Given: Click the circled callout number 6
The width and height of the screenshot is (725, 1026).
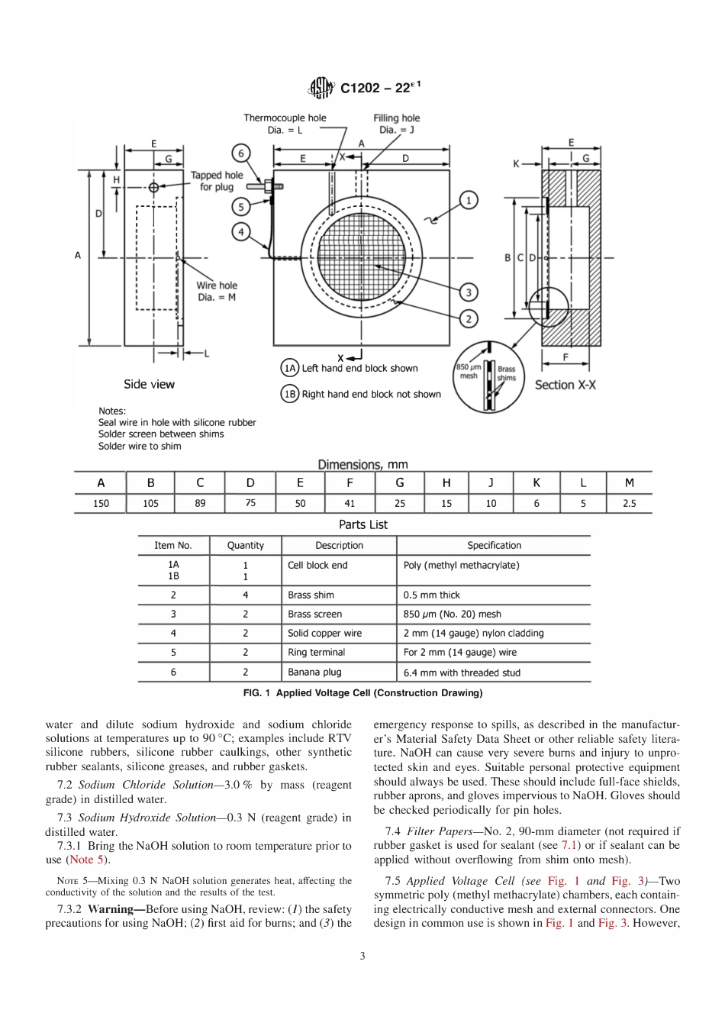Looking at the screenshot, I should [x=241, y=153].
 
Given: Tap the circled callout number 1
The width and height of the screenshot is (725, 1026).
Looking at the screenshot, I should [x=468, y=200].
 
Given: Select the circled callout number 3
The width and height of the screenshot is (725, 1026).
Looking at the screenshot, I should [x=468, y=292].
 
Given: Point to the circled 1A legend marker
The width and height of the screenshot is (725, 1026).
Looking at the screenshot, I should [x=290, y=368].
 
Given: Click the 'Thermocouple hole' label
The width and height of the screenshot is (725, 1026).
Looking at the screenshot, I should [x=285, y=118].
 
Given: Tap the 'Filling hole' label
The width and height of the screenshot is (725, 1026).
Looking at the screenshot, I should [x=396, y=118].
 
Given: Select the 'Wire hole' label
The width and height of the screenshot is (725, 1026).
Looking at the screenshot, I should [x=217, y=286].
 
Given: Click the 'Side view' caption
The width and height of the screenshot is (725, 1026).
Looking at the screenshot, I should [x=149, y=384].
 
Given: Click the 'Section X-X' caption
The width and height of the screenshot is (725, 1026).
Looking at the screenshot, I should [x=565, y=385].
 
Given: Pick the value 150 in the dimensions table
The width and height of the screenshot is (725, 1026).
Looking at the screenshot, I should [x=101, y=503].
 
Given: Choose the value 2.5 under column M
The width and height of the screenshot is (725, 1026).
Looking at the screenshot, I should [x=629, y=503].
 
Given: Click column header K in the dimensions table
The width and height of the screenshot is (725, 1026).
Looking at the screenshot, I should [x=536, y=482].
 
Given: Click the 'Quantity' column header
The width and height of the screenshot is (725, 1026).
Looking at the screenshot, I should [x=246, y=545].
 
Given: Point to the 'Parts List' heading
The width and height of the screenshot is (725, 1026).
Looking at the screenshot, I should [x=363, y=524].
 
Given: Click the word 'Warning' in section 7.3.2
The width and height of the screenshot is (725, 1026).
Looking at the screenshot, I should [x=111, y=909].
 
